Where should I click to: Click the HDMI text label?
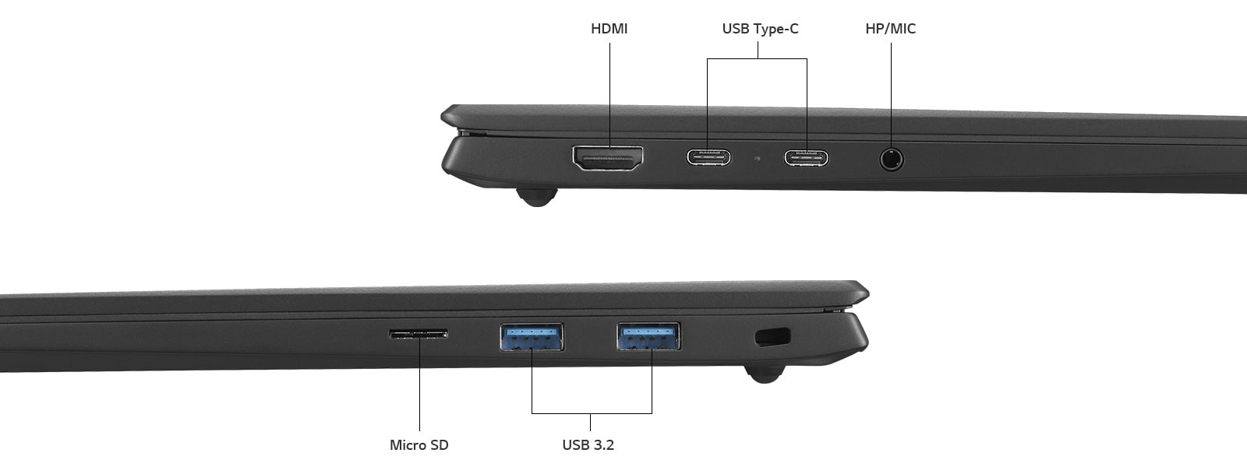click(609, 29)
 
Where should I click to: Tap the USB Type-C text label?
click(760, 29)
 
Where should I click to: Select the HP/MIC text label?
click(890, 29)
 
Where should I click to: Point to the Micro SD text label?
click(419, 445)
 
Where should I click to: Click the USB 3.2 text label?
click(588, 445)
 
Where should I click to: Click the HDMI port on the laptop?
click(608, 158)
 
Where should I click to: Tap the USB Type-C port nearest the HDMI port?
click(708, 157)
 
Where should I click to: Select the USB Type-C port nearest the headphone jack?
click(806, 158)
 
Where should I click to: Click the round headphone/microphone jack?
click(892, 160)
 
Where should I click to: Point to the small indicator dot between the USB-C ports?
click(757, 159)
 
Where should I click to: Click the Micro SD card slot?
click(419, 334)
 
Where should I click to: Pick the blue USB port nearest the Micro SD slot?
click(532, 336)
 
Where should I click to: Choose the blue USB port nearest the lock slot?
click(648, 335)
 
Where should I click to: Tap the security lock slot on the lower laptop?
click(772, 337)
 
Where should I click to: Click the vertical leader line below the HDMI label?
click(609, 93)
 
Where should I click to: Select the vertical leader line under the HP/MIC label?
click(891, 93)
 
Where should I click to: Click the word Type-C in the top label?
click(776, 29)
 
